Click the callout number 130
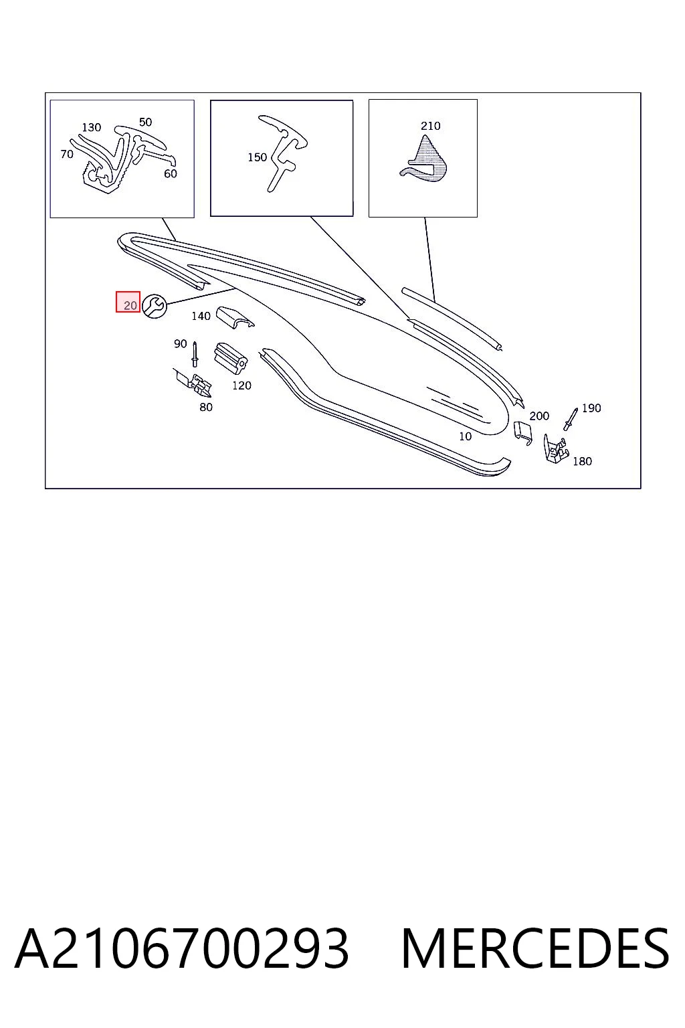click(91, 128)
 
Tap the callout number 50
click(145, 122)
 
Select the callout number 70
click(67, 154)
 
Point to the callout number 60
click(171, 173)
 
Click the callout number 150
click(258, 157)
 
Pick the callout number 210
click(431, 126)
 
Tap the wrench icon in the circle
click(154, 306)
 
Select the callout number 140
click(201, 316)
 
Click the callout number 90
click(181, 344)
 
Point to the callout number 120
click(241, 385)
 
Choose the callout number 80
click(206, 407)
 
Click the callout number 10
click(465, 436)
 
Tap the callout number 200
click(539, 416)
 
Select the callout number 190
click(591, 408)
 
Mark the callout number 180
click(582, 461)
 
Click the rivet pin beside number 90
click(195, 354)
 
